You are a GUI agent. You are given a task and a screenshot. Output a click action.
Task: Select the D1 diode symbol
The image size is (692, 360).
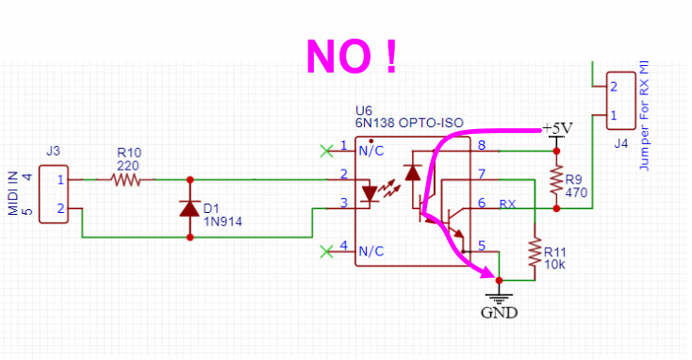point(191,207)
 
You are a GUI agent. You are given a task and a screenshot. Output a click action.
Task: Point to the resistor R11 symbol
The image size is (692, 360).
point(535,253)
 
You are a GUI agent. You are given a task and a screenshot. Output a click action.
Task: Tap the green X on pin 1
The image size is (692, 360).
point(327,149)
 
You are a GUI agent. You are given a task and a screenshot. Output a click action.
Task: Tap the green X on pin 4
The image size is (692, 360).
point(327,250)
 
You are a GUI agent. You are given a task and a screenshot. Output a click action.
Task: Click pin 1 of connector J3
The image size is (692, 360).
point(60,178)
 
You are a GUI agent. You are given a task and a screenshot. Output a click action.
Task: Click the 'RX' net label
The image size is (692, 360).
point(507,204)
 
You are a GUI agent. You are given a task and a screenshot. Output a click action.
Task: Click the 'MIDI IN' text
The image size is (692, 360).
point(14,193)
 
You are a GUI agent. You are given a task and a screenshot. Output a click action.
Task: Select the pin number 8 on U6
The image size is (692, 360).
point(482,145)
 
